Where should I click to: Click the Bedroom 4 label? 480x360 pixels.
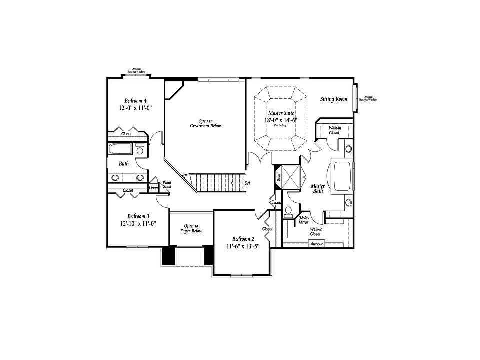[135, 100]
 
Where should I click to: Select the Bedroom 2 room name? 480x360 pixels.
[243, 238]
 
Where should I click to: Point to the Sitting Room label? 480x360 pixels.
[333, 99]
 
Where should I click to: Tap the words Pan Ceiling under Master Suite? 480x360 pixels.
[280, 126]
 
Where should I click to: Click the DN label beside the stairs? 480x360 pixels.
[247, 183]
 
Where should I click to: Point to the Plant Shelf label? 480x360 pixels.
[167, 185]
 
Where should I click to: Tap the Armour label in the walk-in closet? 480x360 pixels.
[317, 244]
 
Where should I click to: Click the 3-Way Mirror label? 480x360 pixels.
[303, 220]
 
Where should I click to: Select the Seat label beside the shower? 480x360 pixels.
[279, 177]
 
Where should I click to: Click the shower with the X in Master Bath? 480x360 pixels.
[292, 176]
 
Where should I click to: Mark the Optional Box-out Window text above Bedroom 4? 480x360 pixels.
[136, 70]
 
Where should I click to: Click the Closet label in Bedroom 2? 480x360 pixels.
[268, 229]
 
